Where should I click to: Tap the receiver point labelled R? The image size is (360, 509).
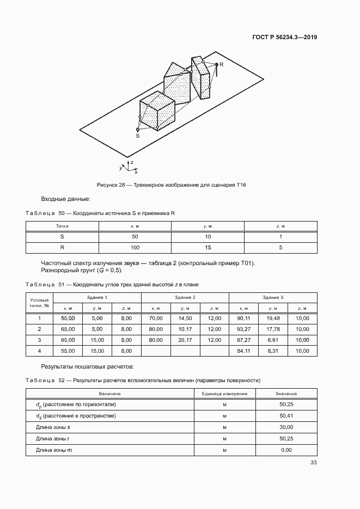[x=216, y=65]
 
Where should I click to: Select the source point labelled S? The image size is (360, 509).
[x=138, y=130]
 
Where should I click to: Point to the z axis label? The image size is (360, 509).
[x=132, y=162]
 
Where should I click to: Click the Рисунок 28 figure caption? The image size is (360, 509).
[x=171, y=185]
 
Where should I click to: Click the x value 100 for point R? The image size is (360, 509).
[x=135, y=247]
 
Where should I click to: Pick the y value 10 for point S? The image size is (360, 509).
[x=208, y=236]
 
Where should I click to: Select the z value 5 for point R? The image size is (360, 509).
[x=280, y=247]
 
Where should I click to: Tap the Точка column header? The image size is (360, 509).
[x=62, y=225]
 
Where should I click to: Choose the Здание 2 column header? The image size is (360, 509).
[x=185, y=297]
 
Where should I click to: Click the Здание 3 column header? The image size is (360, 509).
[x=272, y=297]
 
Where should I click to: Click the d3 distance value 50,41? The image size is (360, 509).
[x=286, y=415]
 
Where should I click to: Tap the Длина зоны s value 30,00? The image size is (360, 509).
[x=286, y=427]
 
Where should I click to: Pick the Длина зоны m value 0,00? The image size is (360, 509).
[x=286, y=450]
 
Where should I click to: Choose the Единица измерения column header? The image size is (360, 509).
[x=224, y=393]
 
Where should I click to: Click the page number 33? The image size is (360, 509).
[x=313, y=463]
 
